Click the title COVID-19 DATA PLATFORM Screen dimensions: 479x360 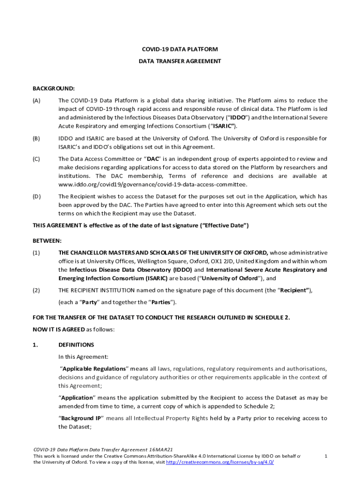pos(180,49)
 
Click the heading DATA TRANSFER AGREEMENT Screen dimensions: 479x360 pos(180,61)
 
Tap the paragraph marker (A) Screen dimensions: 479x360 pos(36,101)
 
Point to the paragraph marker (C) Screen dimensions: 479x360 pos(36,159)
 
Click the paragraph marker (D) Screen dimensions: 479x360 pos(36,196)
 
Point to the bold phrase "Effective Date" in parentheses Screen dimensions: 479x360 pos(224,226)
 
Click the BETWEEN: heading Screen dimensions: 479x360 pos(47,241)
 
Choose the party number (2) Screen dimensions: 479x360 pos(36,290)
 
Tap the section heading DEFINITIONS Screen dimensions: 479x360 pos(76,345)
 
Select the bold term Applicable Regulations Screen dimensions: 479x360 pos(94,369)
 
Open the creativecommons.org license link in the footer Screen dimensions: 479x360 pos(220,462)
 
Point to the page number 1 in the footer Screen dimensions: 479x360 pos(325,456)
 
